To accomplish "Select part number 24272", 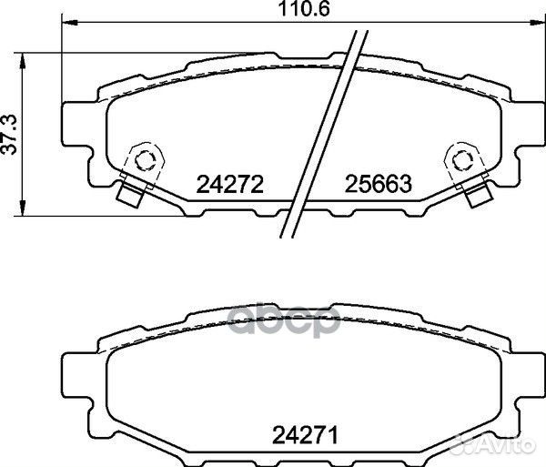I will coord(229,186).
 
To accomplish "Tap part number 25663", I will coord(379,186).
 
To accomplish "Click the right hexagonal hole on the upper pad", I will coord(460,159).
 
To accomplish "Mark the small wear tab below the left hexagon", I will coord(131,195).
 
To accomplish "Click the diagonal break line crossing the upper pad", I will coord(321,137).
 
